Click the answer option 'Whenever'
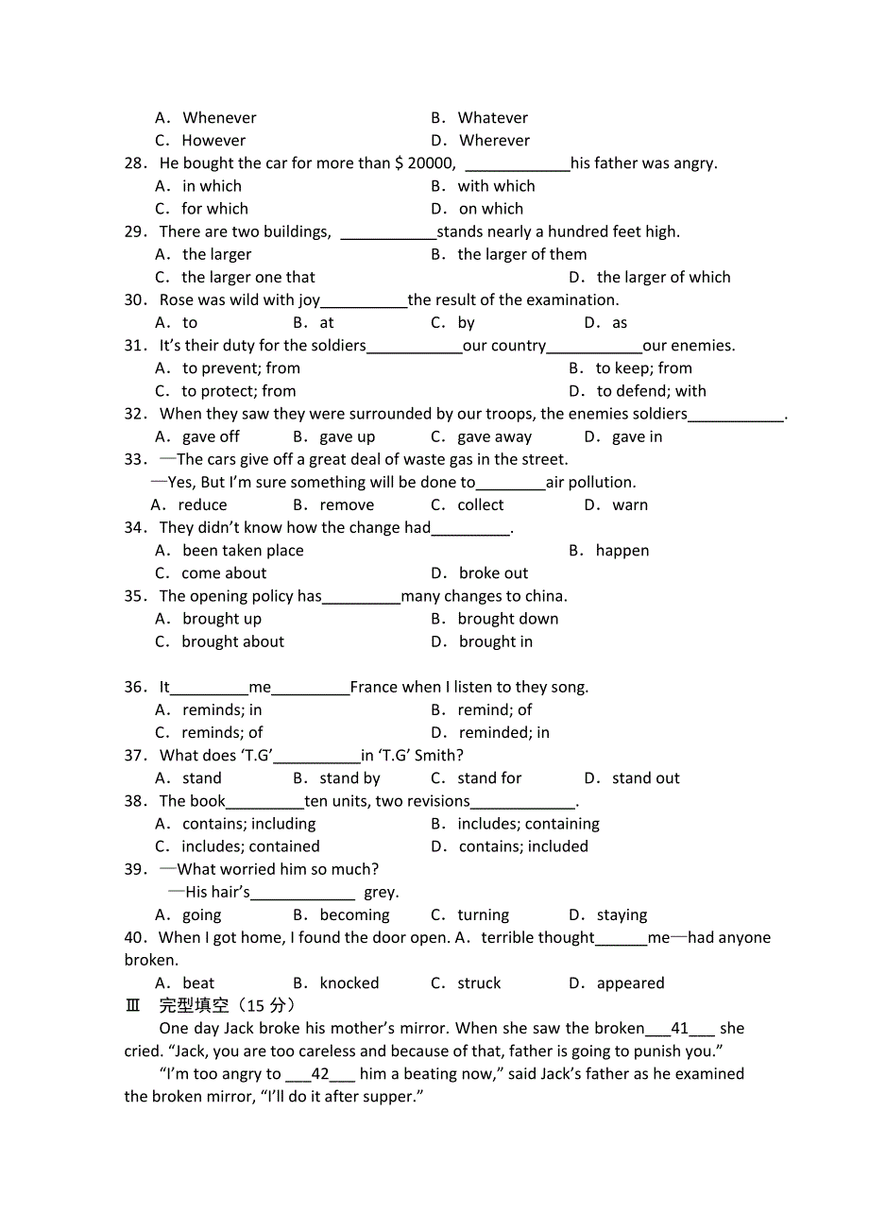(x=219, y=118)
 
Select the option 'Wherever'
(x=494, y=141)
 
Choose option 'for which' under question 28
(x=214, y=209)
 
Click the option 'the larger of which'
(x=663, y=278)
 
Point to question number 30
(x=136, y=300)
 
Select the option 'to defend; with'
(x=651, y=391)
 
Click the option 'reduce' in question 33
(x=202, y=505)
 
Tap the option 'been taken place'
(x=243, y=551)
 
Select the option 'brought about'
(x=232, y=642)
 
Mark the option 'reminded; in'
(x=503, y=733)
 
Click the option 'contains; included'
(x=523, y=847)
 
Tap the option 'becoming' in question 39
(x=354, y=915)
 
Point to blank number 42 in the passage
(x=320, y=1074)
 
